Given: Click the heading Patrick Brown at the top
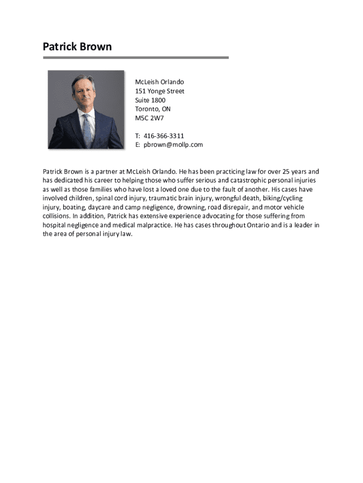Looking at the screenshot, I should click(77, 47).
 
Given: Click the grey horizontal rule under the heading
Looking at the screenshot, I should click(136, 58).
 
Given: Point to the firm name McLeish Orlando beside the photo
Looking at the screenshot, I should click(159, 82).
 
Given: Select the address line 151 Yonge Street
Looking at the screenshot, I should click(159, 91).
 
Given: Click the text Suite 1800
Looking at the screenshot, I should click(150, 100).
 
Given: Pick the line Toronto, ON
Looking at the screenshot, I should click(153, 109).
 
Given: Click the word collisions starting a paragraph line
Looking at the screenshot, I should click(57, 217).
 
